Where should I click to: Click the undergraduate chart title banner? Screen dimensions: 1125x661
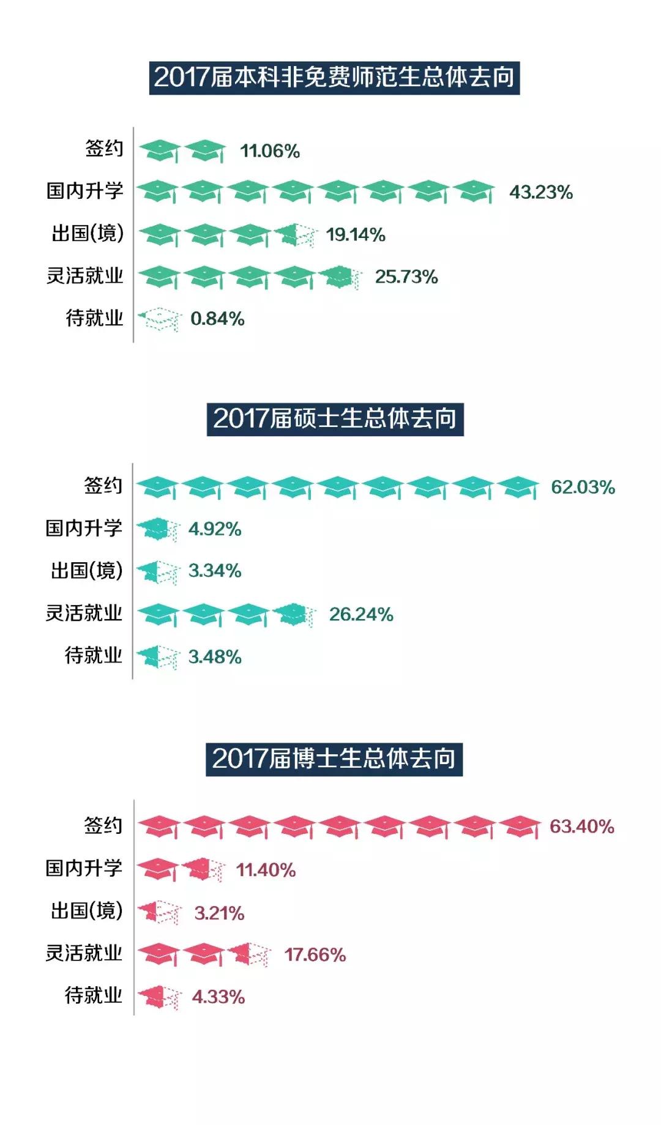[334, 78]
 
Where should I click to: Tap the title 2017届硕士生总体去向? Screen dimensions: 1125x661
[335, 419]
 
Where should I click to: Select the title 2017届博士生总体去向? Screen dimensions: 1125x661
[334, 759]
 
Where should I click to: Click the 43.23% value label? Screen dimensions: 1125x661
[541, 192]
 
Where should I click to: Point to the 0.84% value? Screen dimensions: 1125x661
[217, 319]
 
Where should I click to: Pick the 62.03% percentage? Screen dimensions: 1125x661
[583, 487]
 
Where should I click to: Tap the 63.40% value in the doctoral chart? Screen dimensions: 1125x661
[581, 826]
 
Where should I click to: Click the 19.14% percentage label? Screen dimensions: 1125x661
[356, 234]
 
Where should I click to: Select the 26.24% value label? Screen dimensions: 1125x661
[361, 614]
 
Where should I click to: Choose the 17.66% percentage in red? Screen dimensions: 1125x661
[315, 955]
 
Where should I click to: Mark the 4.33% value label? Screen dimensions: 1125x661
[218, 997]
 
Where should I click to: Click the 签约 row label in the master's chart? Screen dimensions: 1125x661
[103, 486]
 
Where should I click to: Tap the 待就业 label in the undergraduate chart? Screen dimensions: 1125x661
[94, 318]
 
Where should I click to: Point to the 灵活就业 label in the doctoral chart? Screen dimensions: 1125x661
[84, 953]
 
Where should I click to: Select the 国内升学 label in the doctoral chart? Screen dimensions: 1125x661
[84, 868]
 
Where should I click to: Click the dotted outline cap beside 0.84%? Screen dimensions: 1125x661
[159, 319]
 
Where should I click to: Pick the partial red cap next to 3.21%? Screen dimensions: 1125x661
[159, 912]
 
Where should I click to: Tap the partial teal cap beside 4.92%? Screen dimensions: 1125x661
[158, 529]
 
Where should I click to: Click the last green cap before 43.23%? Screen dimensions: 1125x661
[475, 191]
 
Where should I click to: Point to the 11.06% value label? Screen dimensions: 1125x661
[270, 151]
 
